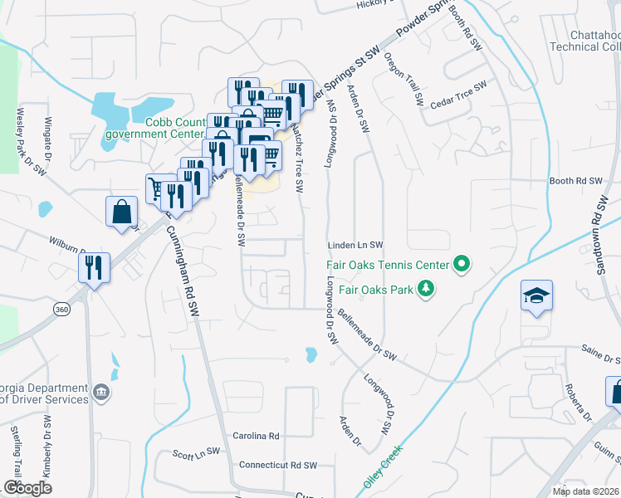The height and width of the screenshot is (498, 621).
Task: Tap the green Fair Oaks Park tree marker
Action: [427, 289]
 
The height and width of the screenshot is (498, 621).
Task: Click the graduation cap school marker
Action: [536, 295]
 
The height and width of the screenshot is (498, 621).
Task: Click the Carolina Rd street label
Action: [256, 436]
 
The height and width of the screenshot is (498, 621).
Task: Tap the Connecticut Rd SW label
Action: [279, 466]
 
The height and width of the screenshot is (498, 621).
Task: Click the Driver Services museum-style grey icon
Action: [101, 392]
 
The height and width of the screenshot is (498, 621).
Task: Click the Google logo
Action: [27, 488]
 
